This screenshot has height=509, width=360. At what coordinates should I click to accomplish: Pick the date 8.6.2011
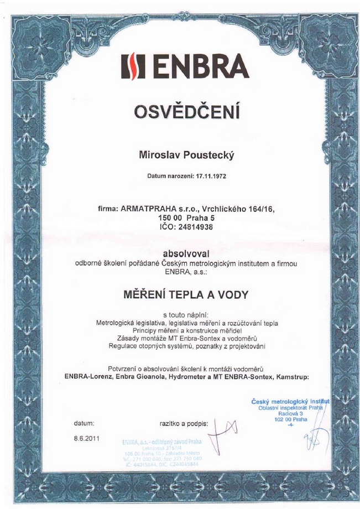(x=86, y=438)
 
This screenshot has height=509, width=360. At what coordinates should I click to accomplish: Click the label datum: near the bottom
(x=84, y=423)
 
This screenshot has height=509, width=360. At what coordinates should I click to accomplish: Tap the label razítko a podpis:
(x=184, y=424)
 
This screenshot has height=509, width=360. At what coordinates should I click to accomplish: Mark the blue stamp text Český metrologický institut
(x=290, y=401)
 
